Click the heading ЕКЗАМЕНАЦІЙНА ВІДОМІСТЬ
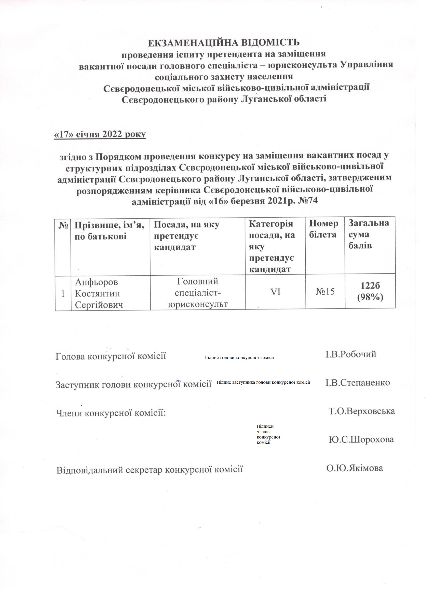pyautogui.click(x=224, y=42)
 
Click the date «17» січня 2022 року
pyautogui.click(x=100, y=134)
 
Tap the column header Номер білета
pyautogui.click(x=323, y=229)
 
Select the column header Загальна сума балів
pyautogui.click(x=368, y=234)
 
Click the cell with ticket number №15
pyautogui.click(x=325, y=291)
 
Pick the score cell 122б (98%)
pyautogui.click(x=370, y=291)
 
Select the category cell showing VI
pyautogui.click(x=275, y=292)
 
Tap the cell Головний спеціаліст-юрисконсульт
pyautogui.click(x=198, y=292)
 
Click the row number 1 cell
pyautogui.click(x=63, y=294)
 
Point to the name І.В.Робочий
pyautogui.click(x=351, y=355)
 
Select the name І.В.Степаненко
pyautogui.click(x=358, y=382)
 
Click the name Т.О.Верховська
pyautogui.click(x=362, y=411)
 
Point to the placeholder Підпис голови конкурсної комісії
pyautogui.click(x=239, y=358)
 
